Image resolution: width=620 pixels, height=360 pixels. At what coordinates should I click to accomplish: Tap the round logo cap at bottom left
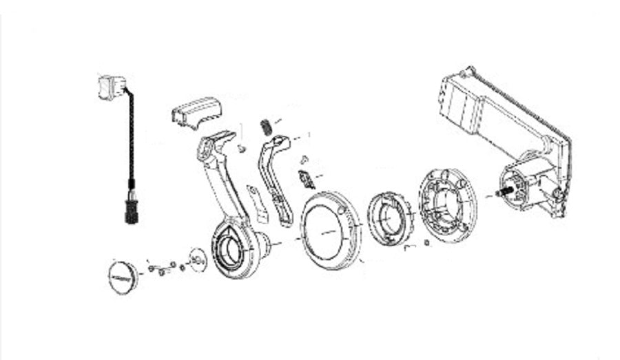(123, 275)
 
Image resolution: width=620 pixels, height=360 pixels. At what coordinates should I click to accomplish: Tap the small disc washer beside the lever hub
(198, 259)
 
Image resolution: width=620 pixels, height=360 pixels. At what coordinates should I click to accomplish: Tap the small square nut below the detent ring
(427, 242)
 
